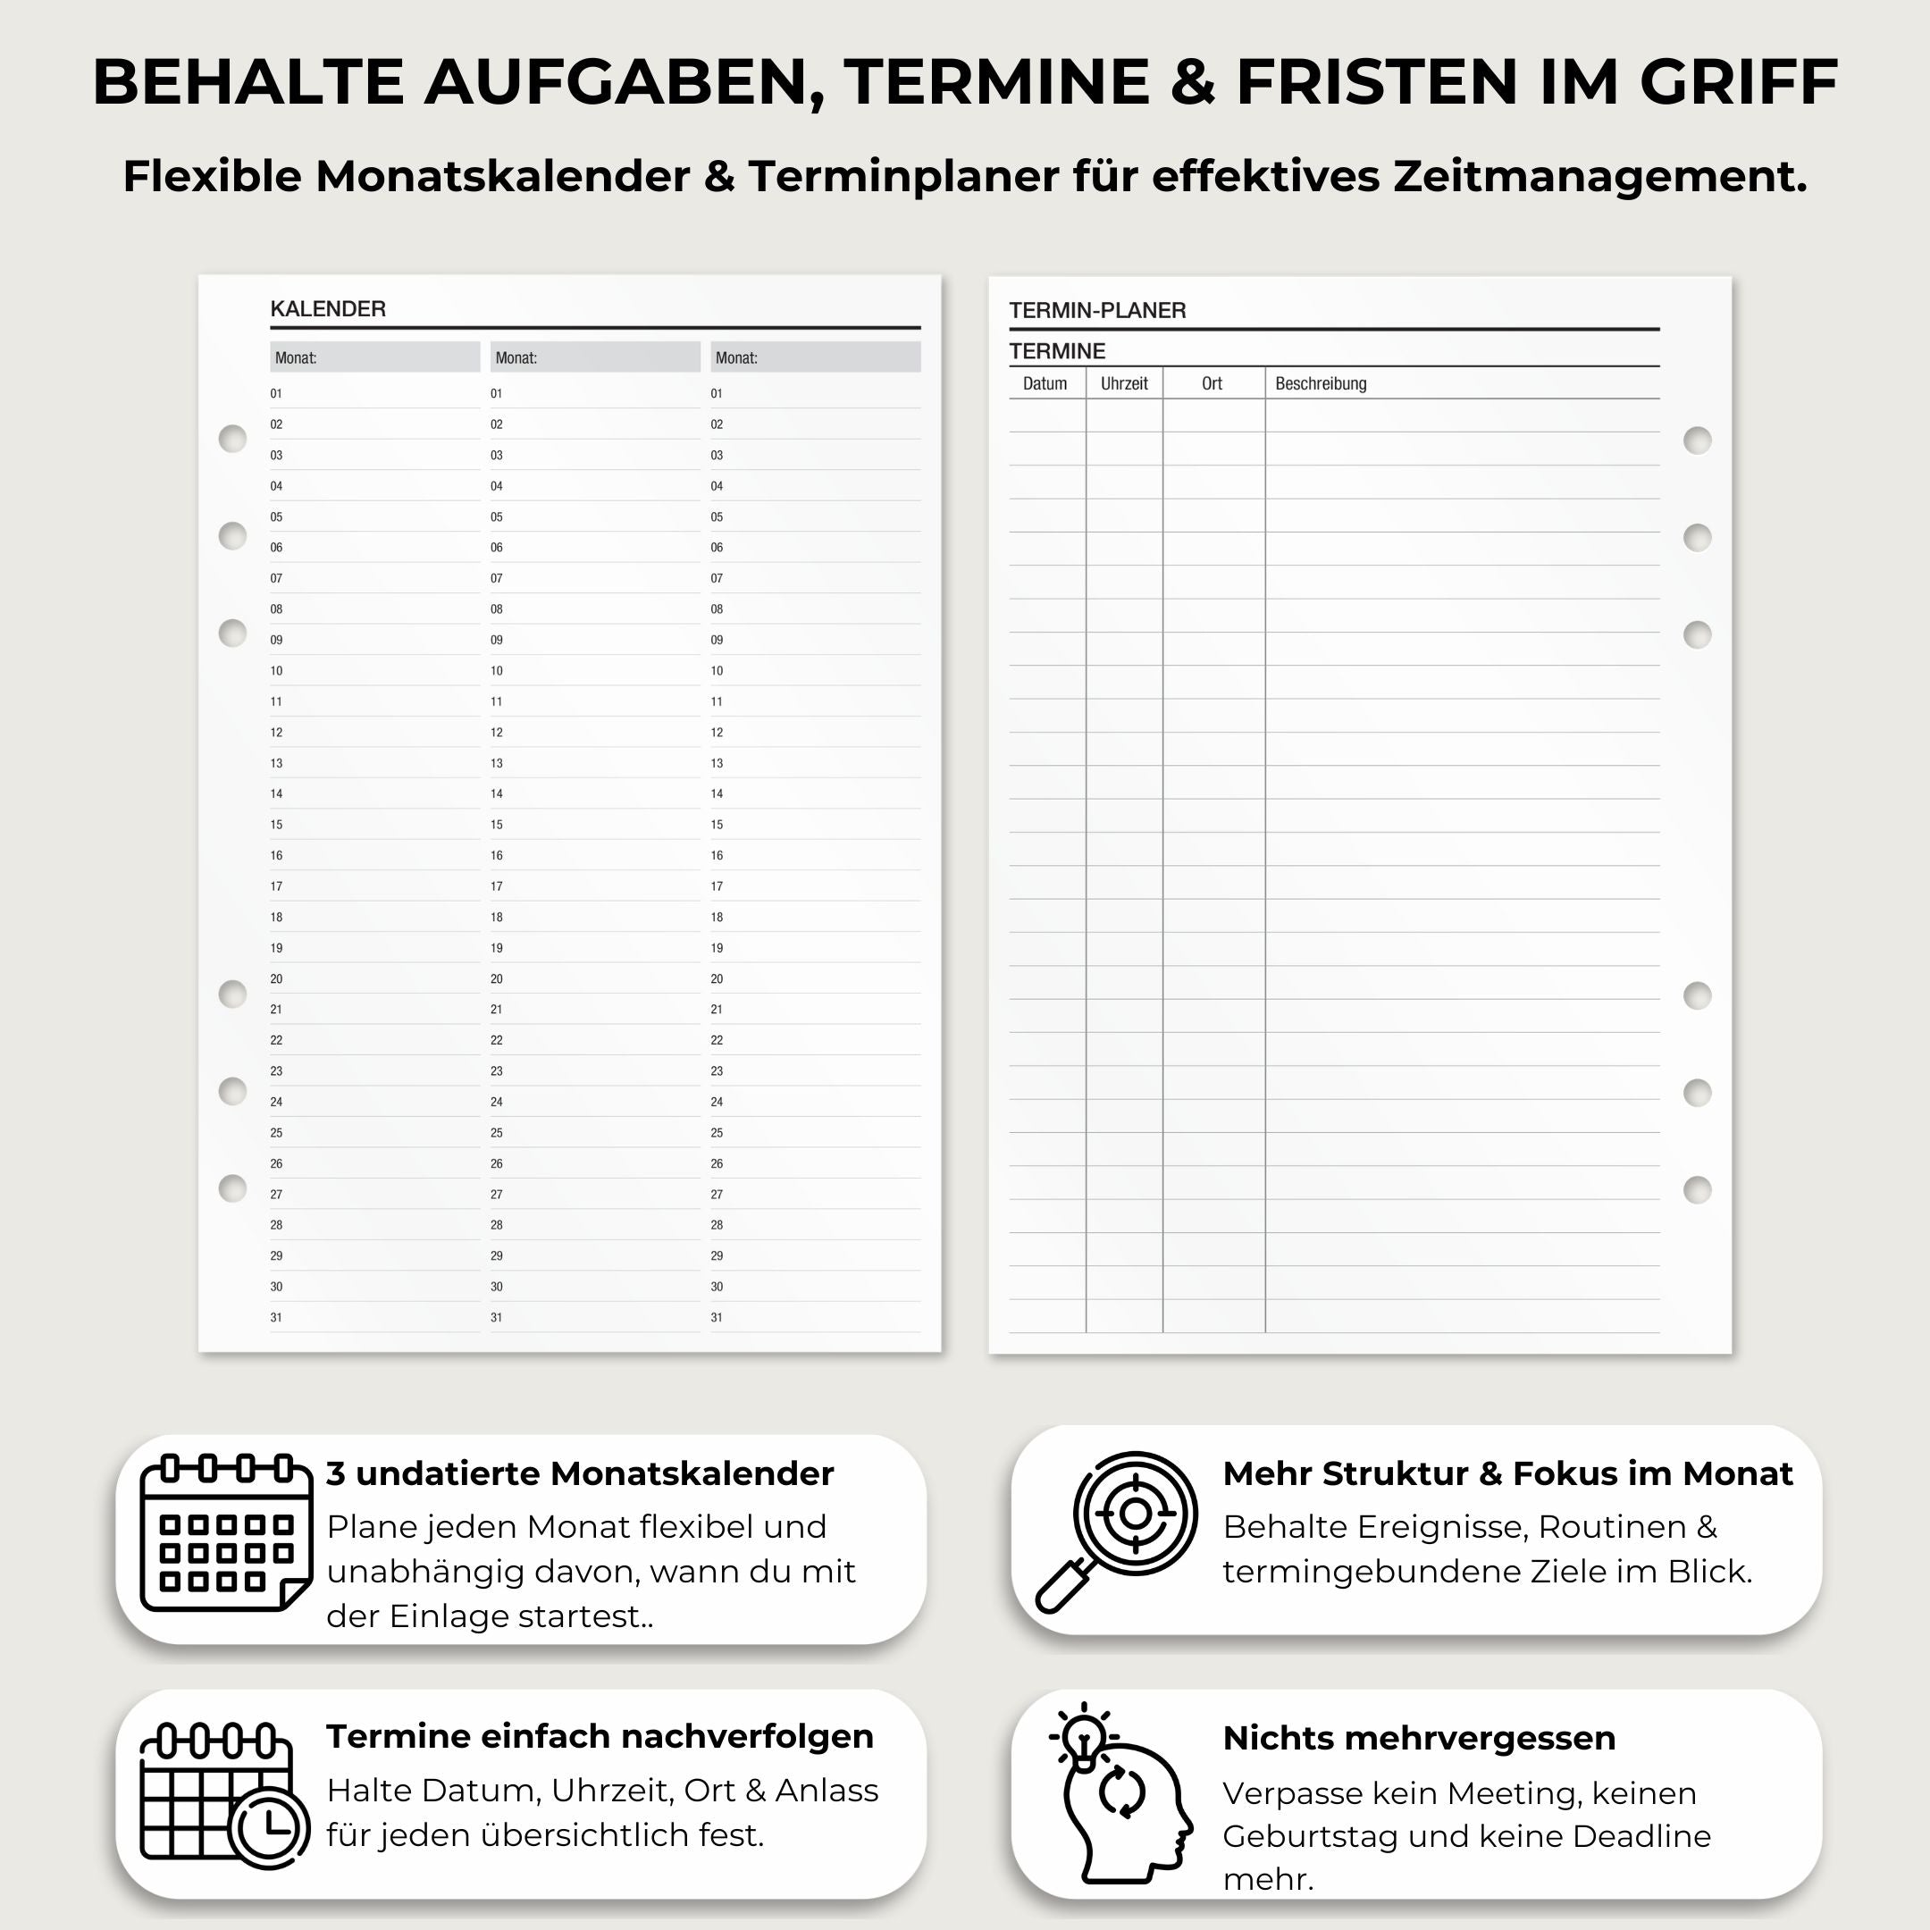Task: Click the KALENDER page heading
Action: [x=328, y=308]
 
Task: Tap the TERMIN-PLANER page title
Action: [x=1097, y=311]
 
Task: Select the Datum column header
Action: [x=1044, y=383]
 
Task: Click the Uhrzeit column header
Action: [x=1124, y=383]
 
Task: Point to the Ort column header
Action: [x=1212, y=383]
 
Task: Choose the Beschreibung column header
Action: [x=1320, y=383]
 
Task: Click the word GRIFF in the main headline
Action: [x=1738, y=82]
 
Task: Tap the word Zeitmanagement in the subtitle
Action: [x=1599, y=177]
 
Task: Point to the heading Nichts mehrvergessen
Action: [x=1419, y=1738]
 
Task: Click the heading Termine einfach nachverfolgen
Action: [x=600, y=1736]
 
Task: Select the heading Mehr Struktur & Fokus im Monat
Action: [x=1507, y=1473]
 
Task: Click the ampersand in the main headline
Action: [x=1192, y=82]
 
